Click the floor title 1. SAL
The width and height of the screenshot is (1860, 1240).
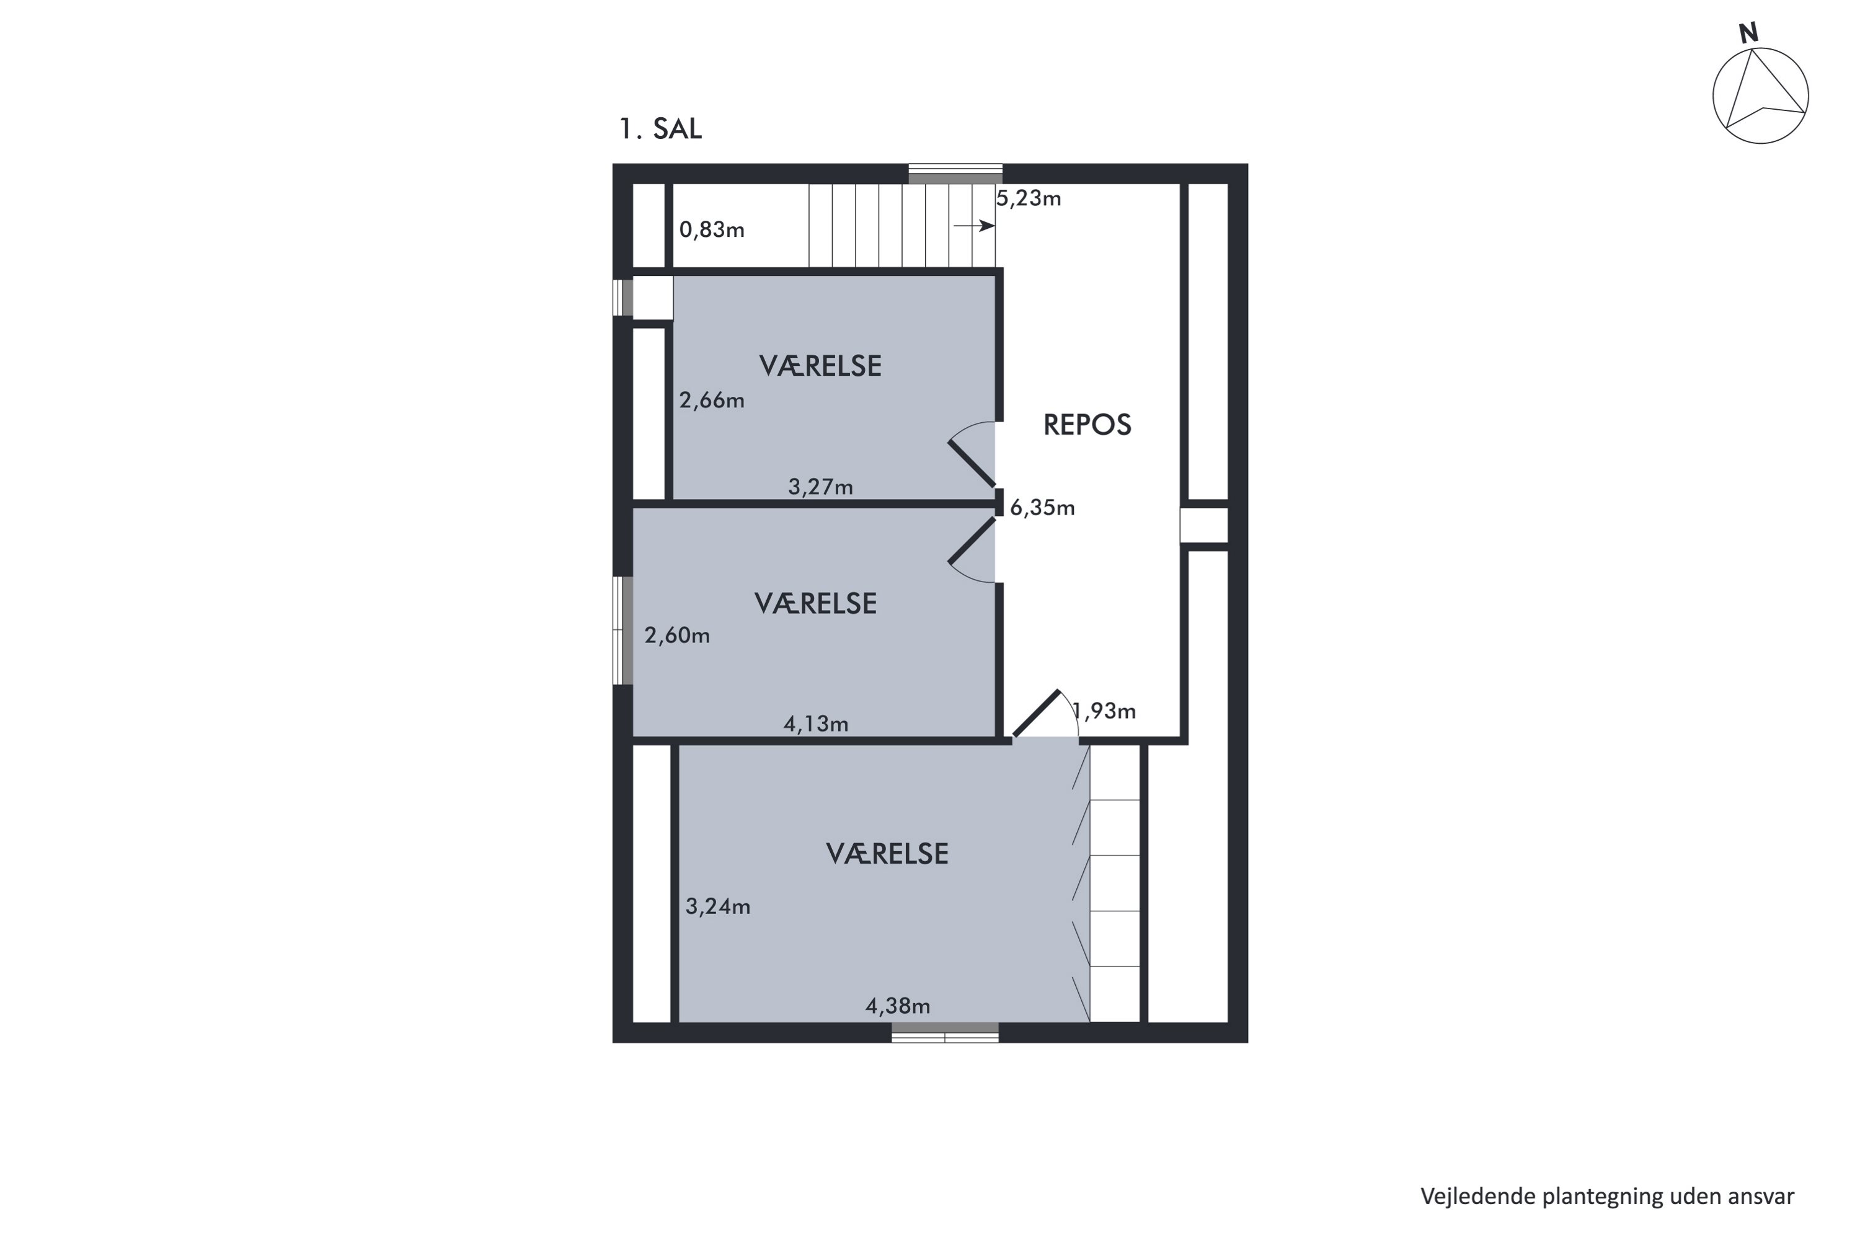click(x=660, y=128)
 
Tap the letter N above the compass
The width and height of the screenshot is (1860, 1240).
click(x=1748, y=33)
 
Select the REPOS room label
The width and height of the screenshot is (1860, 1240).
click(x=1087, y=425)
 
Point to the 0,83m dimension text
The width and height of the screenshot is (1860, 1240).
click(x=712, y=230)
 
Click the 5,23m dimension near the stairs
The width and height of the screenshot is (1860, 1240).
click(x=1028, y=198)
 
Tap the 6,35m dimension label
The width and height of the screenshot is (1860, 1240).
click(x=1042, y=508)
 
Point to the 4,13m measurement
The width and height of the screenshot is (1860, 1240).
click(x=815, y=724)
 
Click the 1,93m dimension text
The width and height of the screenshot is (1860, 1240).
click(x=1105, y=712)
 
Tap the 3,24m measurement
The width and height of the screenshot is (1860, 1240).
click(x=717, y=907)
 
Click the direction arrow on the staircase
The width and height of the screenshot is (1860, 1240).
click(x=973, y=226)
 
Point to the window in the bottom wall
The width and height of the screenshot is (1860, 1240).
click(x=944, y=1032)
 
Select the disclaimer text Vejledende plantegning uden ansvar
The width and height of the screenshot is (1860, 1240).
click(x=1607, y=1197)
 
